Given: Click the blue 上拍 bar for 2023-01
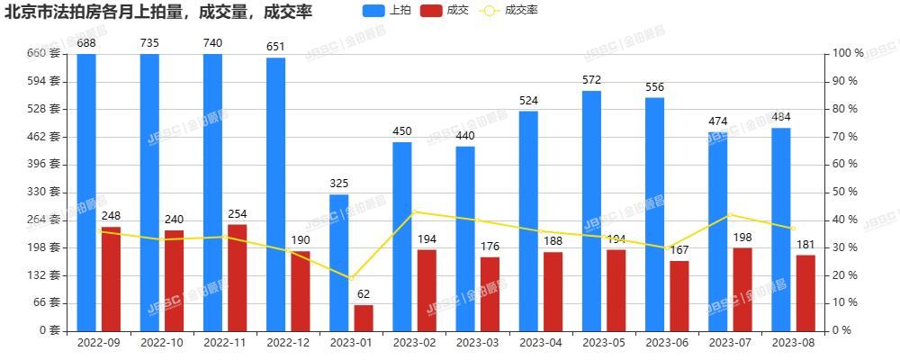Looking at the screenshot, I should click(x=338, y=262).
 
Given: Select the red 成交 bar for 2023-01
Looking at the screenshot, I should click(x=364, y=318).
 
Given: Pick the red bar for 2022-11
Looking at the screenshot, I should click(x=237, y=277).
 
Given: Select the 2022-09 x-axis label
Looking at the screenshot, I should click(x=99, y=343).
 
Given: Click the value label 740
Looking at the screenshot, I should click(x=212, y=43).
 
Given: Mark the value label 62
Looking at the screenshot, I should click(x=364, y=293).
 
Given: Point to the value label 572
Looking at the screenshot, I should click(x=591, y=80).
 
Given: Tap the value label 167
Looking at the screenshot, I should click(x=679, y=249).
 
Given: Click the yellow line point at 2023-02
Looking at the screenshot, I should click(x=414, y=211).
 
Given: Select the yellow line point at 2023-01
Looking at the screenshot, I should click(x=351, y=278).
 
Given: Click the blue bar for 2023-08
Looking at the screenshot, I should click(x=781, y=229).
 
